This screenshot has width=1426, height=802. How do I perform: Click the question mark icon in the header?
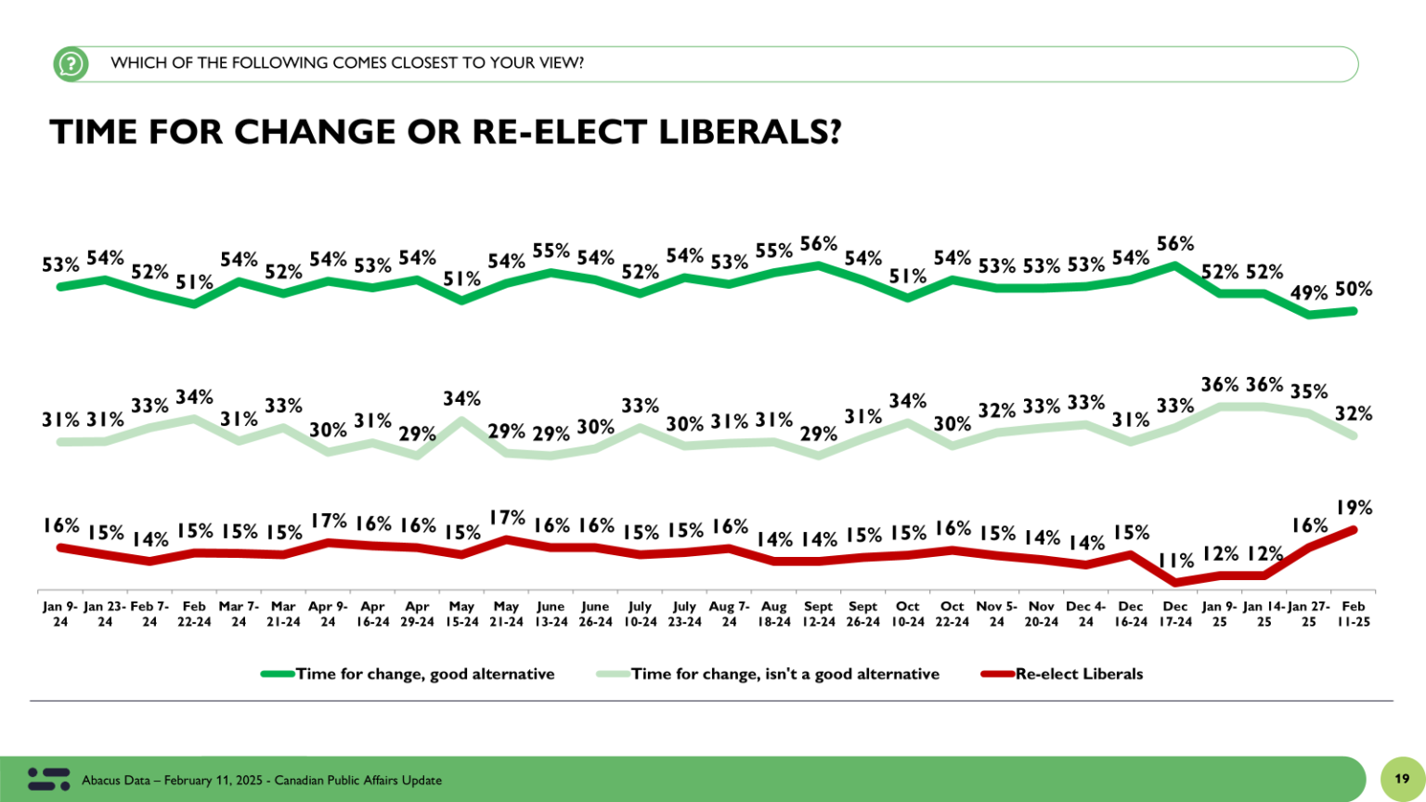point(71,64)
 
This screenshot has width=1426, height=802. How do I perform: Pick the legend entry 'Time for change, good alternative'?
point(424,674)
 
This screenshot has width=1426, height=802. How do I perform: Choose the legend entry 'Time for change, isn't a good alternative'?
point(784,674)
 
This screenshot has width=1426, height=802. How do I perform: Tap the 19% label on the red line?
point(1354,508)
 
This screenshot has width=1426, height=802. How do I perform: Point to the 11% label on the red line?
point(1175,561)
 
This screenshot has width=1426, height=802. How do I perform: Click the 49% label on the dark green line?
point(1308,293)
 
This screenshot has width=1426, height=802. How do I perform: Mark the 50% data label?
point(1354,290)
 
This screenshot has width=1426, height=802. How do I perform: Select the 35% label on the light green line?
point(1308,392)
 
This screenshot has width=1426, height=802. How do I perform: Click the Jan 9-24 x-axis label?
point(60,614)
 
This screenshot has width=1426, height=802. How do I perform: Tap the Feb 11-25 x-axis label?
point(1354,614)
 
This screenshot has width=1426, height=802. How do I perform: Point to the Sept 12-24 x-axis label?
point(818,614)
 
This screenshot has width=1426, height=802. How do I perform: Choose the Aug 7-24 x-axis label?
point(729,614)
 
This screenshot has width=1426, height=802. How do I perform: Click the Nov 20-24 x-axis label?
point(1041,614)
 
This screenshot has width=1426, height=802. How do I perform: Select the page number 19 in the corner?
point(1402,779)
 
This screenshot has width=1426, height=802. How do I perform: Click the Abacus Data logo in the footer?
point(48,779)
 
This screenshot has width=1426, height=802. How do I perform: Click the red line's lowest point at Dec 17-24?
point(1175,583)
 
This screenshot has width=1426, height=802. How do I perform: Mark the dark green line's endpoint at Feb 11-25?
point(1354,311)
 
